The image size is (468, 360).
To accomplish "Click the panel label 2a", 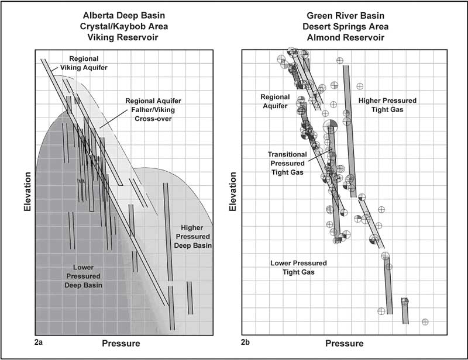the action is (39, 342).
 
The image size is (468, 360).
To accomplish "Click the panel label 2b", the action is (245, 342).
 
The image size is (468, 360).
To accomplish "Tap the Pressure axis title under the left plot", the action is (121, 343).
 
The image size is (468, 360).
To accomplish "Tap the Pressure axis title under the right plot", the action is (345, 343).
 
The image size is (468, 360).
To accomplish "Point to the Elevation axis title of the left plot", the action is (27, 192).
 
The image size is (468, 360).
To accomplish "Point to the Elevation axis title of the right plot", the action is (233, 192).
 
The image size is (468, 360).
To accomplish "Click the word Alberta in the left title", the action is (97, 16).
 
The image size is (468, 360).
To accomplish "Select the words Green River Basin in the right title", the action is (345, 16).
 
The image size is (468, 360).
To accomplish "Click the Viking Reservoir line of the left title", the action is (123, 37).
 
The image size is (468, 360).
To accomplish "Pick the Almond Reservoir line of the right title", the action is (346, 37).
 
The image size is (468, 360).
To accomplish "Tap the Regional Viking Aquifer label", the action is (84, 63).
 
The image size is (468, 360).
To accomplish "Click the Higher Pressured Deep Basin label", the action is (192, 237).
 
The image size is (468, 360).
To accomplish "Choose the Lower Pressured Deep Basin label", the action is (83, 276).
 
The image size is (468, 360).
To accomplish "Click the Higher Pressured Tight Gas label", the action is (387, 105).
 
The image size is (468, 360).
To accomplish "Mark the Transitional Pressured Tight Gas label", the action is (287, 163).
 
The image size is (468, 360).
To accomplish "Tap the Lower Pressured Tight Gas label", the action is (298, 268).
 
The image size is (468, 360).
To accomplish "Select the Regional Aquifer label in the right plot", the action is (275, 102).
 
